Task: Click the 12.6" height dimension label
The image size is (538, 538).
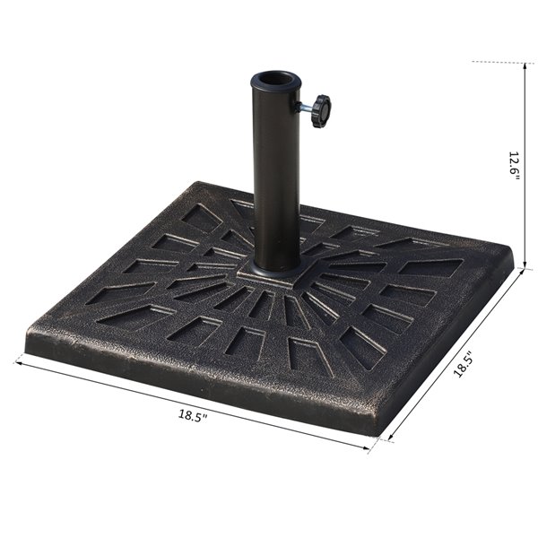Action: pyautogui.click(x=514, y=166)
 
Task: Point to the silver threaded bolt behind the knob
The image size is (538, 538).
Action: pyautogui.click(x=305, y=109)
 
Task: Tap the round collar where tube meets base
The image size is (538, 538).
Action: pyautogui.click(x=276, y=266)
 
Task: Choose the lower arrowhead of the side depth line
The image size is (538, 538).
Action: pyautogui.click(x=387, y=439)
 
